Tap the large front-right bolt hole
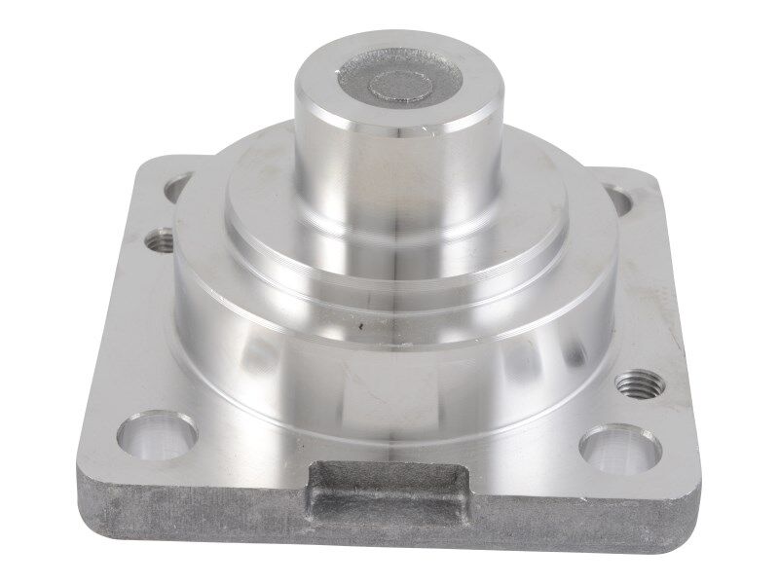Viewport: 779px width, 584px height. [x=620, y=449]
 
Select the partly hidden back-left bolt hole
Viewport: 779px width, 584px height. [x=177, y=186]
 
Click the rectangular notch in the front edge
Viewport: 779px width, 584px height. [x=387, y=494]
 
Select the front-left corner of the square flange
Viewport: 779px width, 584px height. [x=83, y=477]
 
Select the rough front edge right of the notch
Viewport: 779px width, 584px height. [x=584, y=526]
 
